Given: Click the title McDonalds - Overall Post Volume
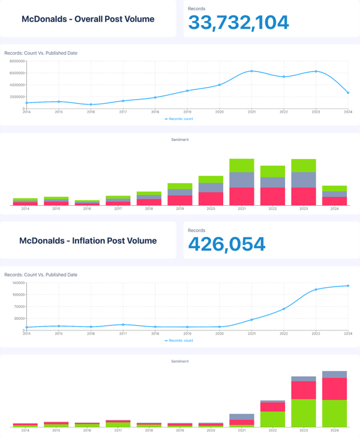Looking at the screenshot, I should pyautogui.click(x=88, y=19).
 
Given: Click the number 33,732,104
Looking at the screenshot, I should pyautogui.click(x=238, y=23).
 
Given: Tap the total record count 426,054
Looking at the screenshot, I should pyautogui.click(x=226, y=244).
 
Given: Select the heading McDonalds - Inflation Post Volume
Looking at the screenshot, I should pyautogui.click(x=88, y=240).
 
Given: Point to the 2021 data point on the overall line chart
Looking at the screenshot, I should pyautogui.click(x=251, y=71).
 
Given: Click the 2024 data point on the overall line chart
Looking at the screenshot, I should pyautogui.click(x=347, y=93).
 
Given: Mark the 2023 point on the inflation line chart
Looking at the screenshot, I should pyautogui.click(x=316, y=290).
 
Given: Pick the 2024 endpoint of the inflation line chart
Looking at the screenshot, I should pyautogui.click(x=347, y=285).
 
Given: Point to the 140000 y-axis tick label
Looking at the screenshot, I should pyautogui.click(x=16, y=282).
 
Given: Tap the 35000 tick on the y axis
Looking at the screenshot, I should pyautogui.click(x=17, y=318).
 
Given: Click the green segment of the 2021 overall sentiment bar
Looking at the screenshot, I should pyautogui.click(x=242, y=166).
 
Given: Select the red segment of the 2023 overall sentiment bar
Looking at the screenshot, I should pyautogui.click(x=304, y=196).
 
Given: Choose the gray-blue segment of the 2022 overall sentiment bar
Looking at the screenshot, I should pyautogui.click(x=272, y=182).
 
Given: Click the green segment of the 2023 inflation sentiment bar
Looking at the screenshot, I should pyautogui.click(x=304, y=413).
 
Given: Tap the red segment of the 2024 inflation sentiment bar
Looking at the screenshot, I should pyautogui.click(x=334, y=389).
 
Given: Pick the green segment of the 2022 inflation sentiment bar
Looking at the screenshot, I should pyautogui.click(x=272, y=419).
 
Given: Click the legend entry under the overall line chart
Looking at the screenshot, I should pyautogui.click(x=179, y=119).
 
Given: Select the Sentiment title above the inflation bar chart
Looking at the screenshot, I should pyautogui.click(x=180, y=361).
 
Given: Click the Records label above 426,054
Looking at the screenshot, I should pyautogui.click(x=196, y=230).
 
